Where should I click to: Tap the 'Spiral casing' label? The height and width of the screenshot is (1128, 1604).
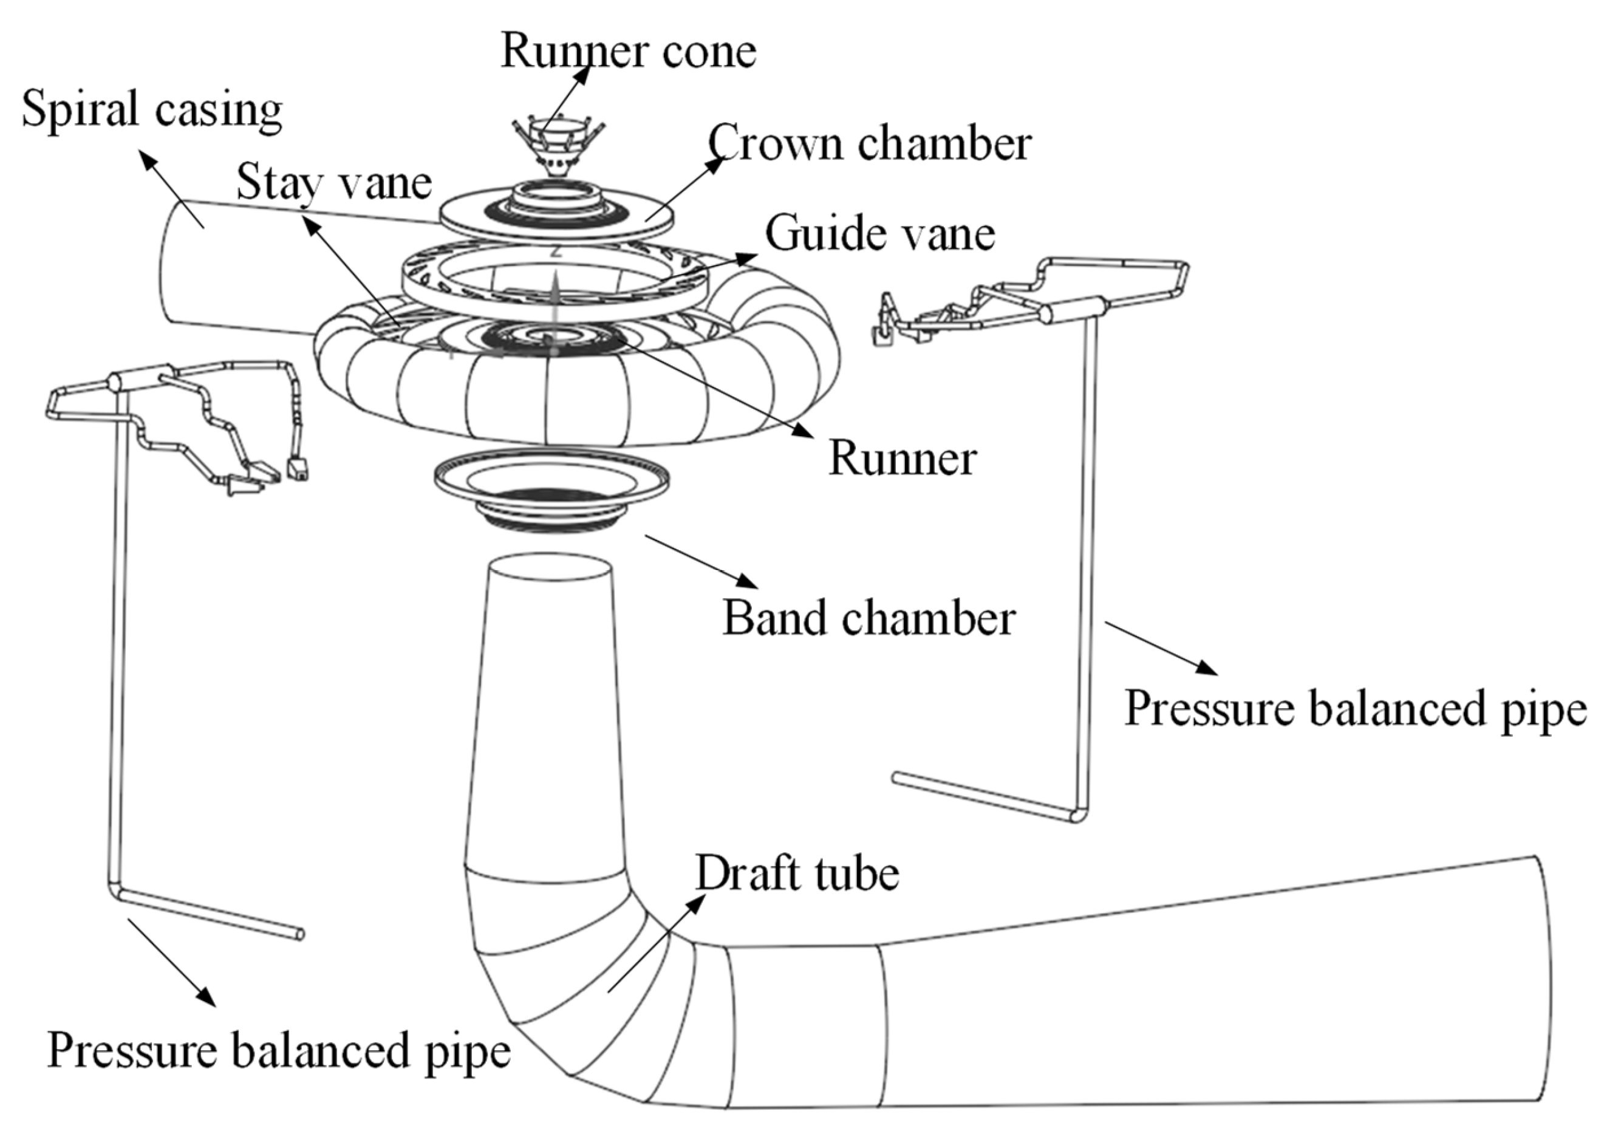[x=152, y=111]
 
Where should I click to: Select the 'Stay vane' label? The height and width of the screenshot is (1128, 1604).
[x=334, y=182]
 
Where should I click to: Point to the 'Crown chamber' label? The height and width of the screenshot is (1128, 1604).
[x=870, y=143]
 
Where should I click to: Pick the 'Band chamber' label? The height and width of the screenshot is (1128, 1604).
[x=869, y=618]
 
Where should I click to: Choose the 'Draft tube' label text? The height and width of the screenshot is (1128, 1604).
[x=797, y=873]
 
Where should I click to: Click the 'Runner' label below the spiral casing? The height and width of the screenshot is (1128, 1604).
[x=903, y=459]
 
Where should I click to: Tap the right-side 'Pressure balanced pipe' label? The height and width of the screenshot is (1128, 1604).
[x=1356, y=709]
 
